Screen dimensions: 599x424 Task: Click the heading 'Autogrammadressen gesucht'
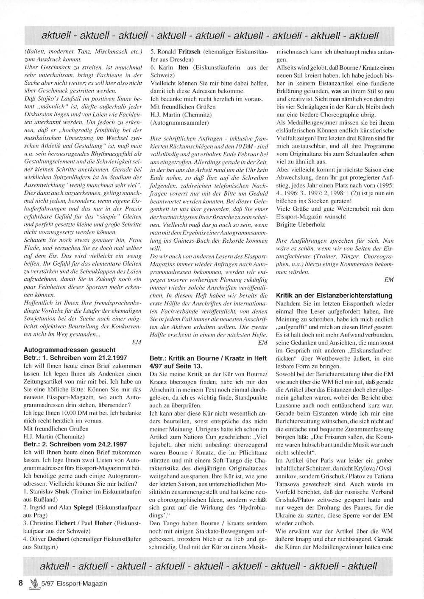click(69, 350)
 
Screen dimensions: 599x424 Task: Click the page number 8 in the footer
click(20, 583)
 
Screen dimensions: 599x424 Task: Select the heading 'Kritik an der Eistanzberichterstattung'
click(334, 295)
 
